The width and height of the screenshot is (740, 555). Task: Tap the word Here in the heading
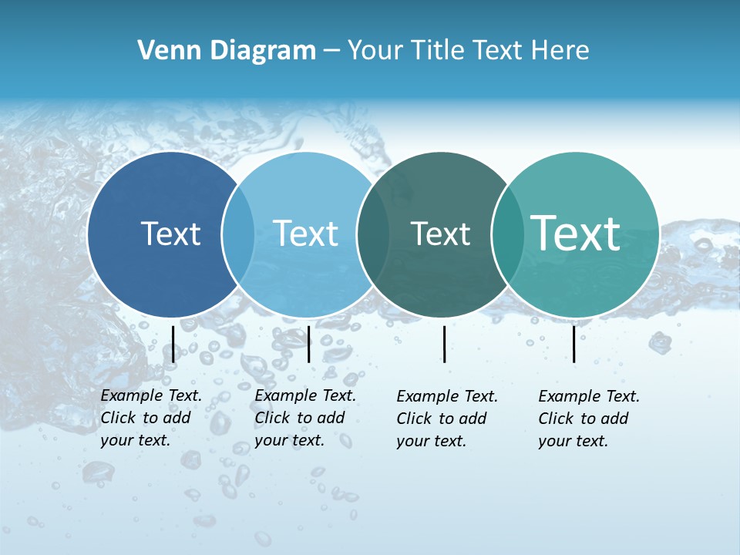click(x=561, y=51)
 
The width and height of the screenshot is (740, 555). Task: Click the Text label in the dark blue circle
click(x=170, y=234)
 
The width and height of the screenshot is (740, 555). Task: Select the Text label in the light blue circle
click(x=306, y=234)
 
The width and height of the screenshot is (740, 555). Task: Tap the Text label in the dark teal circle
click(x=440, y=234)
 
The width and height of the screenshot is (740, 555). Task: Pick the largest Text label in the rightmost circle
click(x=575, y=233)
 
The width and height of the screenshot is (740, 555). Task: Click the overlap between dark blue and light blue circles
click(x=238, y=234)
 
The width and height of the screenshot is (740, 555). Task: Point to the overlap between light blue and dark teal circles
click(x=372, y=234)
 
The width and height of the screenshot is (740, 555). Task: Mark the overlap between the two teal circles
click(x=506, y=234)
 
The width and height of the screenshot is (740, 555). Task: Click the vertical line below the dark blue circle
click(x=173, y=344)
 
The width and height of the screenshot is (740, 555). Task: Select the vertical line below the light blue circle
click(x=308, y=344)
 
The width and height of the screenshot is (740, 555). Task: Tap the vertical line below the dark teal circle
click(x=445, y=344)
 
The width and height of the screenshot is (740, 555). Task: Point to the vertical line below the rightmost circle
click(x=574, y=344)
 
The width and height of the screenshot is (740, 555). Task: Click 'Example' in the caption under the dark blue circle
click(x=130, y=395)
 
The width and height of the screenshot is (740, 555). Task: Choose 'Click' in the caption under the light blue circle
click(x=271, y=418)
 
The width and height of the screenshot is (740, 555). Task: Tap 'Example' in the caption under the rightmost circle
click(x=568, y=396)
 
